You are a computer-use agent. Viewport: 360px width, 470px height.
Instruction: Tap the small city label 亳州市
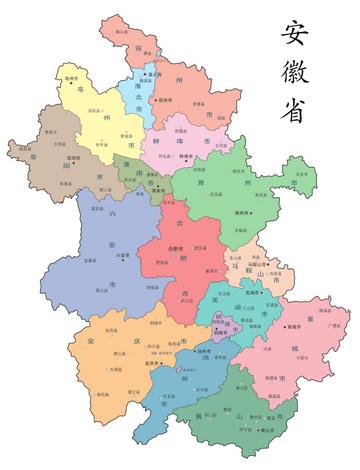[x=72, y=78]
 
